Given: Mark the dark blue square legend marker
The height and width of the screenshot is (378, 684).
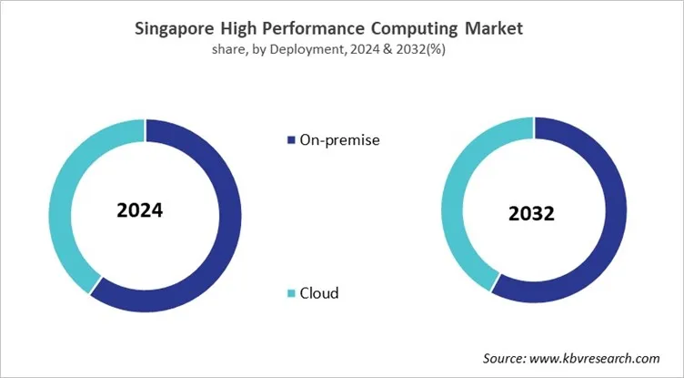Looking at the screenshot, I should click(291, 140).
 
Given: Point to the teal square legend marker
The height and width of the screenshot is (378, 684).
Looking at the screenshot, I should click(291, 293).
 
